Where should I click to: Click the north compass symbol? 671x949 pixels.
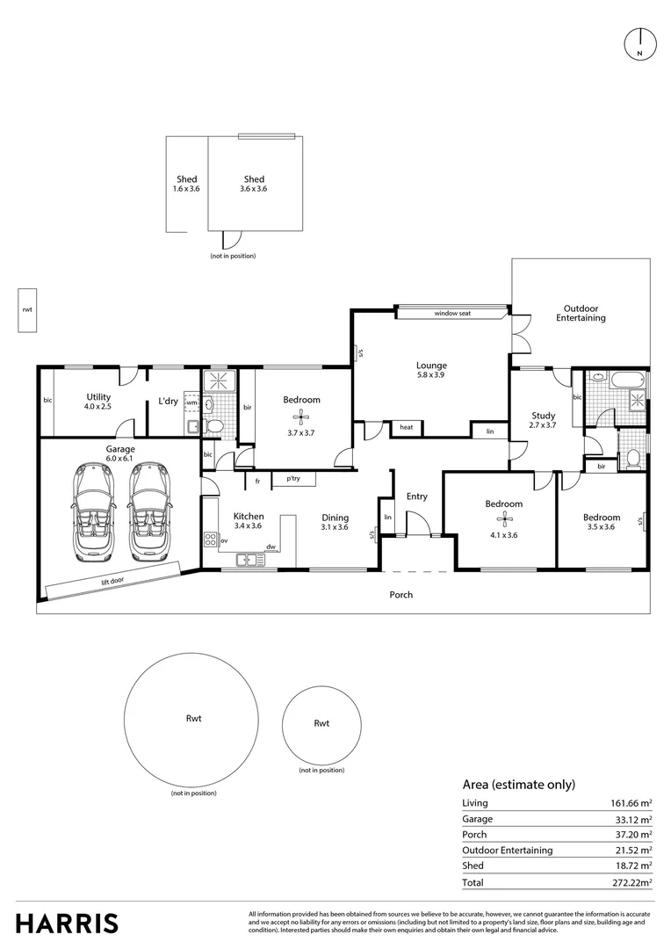(x=640, y=44)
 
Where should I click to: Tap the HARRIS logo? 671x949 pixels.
(x=68, y=924)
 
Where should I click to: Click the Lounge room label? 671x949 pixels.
(x=431, y=366)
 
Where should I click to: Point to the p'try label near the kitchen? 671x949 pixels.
(x=292, y=480)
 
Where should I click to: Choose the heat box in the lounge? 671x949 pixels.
(x=406, y=428)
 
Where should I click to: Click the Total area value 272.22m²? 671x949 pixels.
(x=632, y=882)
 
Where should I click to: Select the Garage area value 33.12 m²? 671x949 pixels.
(x=632, y=819)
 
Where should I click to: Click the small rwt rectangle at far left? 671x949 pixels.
(x=26, y=310)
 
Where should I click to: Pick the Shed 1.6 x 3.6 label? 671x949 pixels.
(x=186, y=184)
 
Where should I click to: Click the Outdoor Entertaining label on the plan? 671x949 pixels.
(x=581, y=313)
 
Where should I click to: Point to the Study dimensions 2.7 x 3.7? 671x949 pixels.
(x=543, y=425)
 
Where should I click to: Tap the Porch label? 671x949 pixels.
(x=400, y=595)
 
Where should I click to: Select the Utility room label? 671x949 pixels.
(x=98, y=397)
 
